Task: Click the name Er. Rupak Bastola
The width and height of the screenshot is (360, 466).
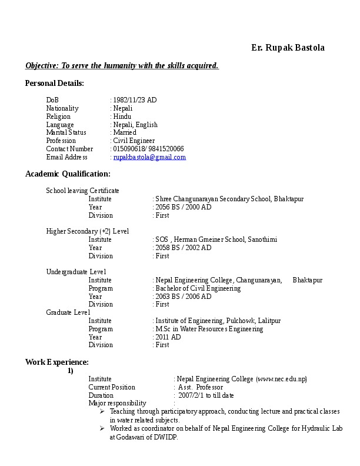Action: pyautogui.click(x=288, y=48)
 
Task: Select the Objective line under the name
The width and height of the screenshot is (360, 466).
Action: pyautogui.click(x=122, y=65)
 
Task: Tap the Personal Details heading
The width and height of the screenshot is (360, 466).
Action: pyautogui.click(x=54, y=83)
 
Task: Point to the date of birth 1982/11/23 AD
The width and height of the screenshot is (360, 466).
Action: pyautogui.click(x=135, y=100)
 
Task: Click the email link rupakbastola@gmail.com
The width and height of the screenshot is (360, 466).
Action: pyautogui.click(x=149, y=158)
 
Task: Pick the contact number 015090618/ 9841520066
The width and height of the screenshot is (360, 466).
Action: pyautogui.click(x=148, y=149)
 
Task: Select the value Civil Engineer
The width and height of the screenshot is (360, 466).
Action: pyautogui.click(x=134, y=141)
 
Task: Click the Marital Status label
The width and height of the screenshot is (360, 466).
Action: pyautogui.click(x=66, y=133)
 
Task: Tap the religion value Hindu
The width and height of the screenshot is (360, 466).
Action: pyautogui.click(x=122, y=116)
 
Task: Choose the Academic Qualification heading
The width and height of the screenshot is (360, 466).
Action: pyautogui.click(x=68, y=174)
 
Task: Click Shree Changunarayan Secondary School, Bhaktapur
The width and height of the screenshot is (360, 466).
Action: pyautogui.click(x=229, y=199)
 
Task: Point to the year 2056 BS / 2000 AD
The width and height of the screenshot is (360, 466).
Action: pyautogui.click(x=183, y=207)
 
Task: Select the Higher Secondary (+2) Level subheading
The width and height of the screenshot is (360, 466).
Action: pyautogui.click(x=87, y=231)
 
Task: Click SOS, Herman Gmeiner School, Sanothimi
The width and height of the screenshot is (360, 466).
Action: pyautogui.click(x=216, y=239)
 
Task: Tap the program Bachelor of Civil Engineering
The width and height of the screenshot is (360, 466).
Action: pyautogui.click(x=198, y=288)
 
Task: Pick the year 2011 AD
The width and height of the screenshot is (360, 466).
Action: pyautogui.click(x=168, y=337)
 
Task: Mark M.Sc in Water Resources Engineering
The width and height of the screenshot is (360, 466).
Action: pyautogui.click(x=208, y=329)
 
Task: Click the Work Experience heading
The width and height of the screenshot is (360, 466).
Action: pyautogui.click(x=56, y=361)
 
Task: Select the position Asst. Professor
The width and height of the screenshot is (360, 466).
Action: pyautogui.click(x=201, y=387)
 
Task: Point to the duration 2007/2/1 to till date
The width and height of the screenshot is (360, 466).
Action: pyautogui.click(x=206, y=395)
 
